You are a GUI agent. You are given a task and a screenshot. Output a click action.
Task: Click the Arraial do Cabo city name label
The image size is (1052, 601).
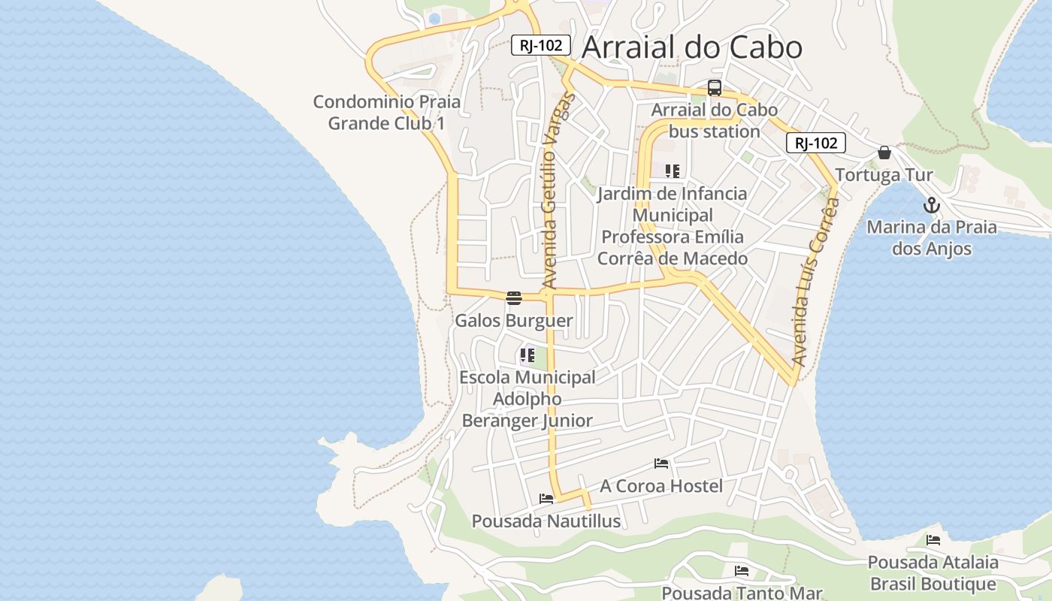coord(692,47)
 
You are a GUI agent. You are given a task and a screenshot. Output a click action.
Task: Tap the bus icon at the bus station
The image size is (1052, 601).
coord(714,88)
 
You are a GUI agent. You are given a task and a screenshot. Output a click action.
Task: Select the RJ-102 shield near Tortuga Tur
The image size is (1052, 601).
coord(816,143)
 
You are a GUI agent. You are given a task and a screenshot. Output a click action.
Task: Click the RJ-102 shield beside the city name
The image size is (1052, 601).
coord(541,45)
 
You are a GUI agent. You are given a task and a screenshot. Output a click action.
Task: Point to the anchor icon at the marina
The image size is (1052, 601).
coord(932,204)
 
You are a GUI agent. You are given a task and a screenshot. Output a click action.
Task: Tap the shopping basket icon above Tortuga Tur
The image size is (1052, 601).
coord(884,153)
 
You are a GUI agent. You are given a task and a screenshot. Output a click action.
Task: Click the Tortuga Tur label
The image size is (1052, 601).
coord(884,175)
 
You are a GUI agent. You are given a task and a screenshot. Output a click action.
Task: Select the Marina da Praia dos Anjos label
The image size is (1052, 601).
coord(932,237)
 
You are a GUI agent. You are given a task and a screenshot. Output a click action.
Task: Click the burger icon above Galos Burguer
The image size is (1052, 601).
coord(514,298)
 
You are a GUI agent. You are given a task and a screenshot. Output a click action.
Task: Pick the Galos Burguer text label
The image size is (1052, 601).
coord(514,321)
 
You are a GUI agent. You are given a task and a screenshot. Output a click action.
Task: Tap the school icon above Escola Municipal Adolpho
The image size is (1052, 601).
coord(527,355)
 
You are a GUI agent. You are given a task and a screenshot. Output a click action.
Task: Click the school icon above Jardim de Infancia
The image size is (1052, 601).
coord(673,171)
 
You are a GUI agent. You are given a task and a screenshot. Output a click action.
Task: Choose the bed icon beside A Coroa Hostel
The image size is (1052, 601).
coord(661,464)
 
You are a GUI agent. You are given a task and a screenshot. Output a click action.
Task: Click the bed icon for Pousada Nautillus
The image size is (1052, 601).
coord(546,498)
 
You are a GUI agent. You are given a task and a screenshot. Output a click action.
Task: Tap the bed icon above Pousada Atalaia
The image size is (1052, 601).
coord(933,539)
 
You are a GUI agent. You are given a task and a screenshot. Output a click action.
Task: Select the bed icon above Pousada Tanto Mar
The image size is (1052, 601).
coord(742,571)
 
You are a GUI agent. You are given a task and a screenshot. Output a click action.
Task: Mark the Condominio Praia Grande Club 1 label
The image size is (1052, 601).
coord(387,113)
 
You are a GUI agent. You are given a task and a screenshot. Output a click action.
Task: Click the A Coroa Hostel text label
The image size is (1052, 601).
coord(661,486)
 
